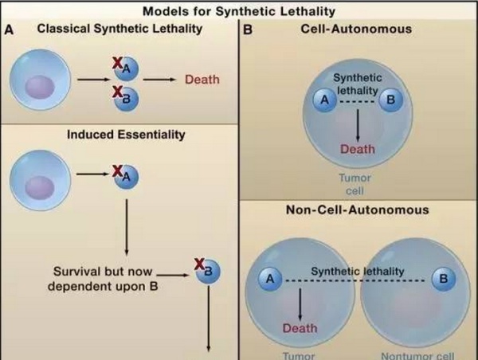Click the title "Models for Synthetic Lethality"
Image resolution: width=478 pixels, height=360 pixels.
coord(239,11)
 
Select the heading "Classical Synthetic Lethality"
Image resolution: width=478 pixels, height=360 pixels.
coord(119,29)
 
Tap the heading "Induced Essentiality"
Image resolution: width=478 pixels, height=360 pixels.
coord(126,135)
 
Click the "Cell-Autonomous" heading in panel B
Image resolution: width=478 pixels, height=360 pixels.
coord(356,29)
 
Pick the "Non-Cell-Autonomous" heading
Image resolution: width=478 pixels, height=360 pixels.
coord(357,209)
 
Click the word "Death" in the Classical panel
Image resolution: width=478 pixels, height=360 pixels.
coord(202,80)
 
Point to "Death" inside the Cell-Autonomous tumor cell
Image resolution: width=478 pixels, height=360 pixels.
coord(357,149)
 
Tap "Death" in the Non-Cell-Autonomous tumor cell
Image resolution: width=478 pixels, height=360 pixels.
coord(300,328)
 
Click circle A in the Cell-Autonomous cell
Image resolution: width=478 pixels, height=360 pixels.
coord(325,100)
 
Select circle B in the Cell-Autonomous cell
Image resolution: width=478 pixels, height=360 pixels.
coord(391,100)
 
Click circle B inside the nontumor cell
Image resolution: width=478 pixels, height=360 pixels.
coord(444,279)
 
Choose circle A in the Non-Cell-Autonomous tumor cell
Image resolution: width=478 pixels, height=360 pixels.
coord(270,279)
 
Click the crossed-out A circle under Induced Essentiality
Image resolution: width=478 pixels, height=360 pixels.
coord(126,177)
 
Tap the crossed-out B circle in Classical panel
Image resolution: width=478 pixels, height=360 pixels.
coord(126,99)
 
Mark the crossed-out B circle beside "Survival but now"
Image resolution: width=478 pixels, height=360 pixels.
coord(208,271)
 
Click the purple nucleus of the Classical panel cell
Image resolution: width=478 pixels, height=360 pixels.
coord(40,87)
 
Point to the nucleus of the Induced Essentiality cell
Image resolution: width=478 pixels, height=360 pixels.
coord(40,187)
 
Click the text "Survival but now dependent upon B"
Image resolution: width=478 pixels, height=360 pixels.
coord(103,279)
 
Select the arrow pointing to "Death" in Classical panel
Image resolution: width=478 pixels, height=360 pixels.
coord(159,80)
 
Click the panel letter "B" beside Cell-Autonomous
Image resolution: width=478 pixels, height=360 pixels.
coord(248,30)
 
